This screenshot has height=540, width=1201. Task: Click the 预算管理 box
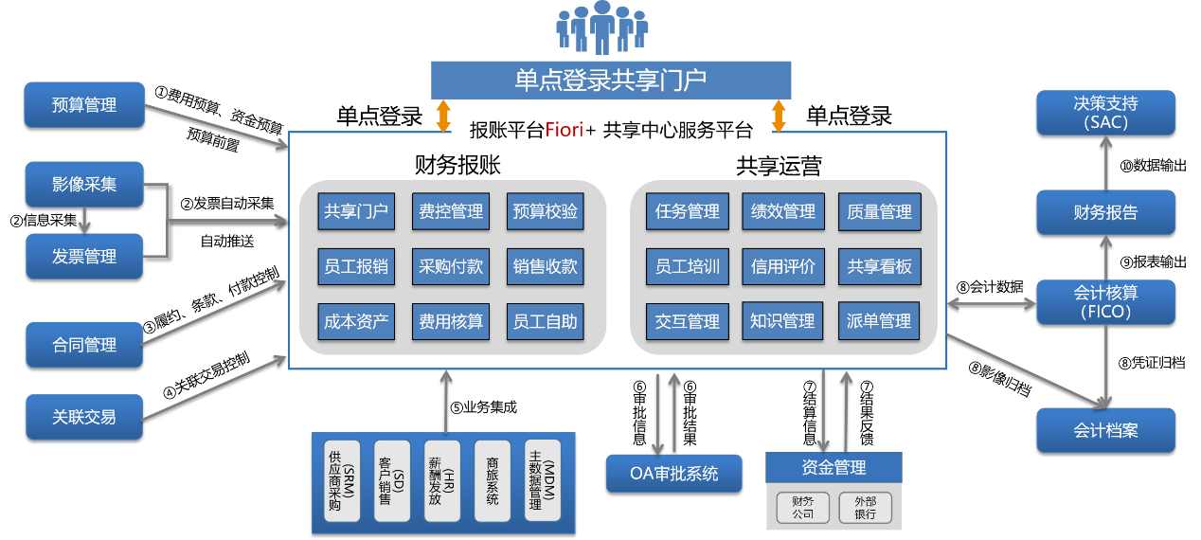[x=84, y=105]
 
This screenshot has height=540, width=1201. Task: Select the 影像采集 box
[x=84, y=185]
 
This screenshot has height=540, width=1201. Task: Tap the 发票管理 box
[x=84, y=257]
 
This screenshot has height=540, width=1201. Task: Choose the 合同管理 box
[x=84, y=345]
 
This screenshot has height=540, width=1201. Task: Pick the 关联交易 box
[x=84, y=416]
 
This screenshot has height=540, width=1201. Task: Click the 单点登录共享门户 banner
[x=610, y=80]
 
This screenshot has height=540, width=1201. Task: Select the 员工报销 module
[x=356, y=266]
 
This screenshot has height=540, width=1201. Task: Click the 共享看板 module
[x=879, y=266]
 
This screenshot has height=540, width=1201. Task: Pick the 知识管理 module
[x=781, y=321]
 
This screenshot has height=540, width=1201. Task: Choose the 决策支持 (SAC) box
[x=1105, y=113]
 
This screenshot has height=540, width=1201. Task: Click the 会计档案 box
[x=1105, y=430]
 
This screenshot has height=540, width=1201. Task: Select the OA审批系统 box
[x=673, y=473]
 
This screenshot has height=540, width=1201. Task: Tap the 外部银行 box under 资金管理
[x=865, y=507]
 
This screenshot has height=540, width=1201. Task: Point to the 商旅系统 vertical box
[x=492, y=479]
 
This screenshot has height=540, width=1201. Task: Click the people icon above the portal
[x=601, y=28]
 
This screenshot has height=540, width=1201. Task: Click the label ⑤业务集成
[x=483, y=408]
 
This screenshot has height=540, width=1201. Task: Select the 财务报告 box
[x=1105, y=213]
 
